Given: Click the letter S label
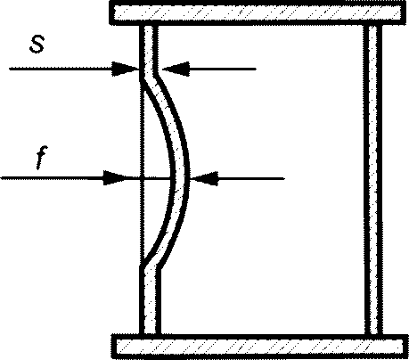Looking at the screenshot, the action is tap(37, 45).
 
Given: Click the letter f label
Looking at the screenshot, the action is tap(40, 158).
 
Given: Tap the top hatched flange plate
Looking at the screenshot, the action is tap(258, 13).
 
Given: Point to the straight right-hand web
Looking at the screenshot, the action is tap(372, 179).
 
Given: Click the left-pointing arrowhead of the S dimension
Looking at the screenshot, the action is tap(176, 69).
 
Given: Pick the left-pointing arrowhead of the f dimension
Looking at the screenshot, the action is tap(204, 178).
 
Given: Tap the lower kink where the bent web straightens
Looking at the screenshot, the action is tap(151, 265).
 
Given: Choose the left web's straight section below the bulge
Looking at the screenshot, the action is tap(150, 301).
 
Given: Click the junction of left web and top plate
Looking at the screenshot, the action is tap(149, 25).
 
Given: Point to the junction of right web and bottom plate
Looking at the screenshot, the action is tap(373, 334).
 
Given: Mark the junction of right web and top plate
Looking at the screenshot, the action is tap(372, 25).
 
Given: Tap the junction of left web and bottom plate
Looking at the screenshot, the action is tap(151, 334).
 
